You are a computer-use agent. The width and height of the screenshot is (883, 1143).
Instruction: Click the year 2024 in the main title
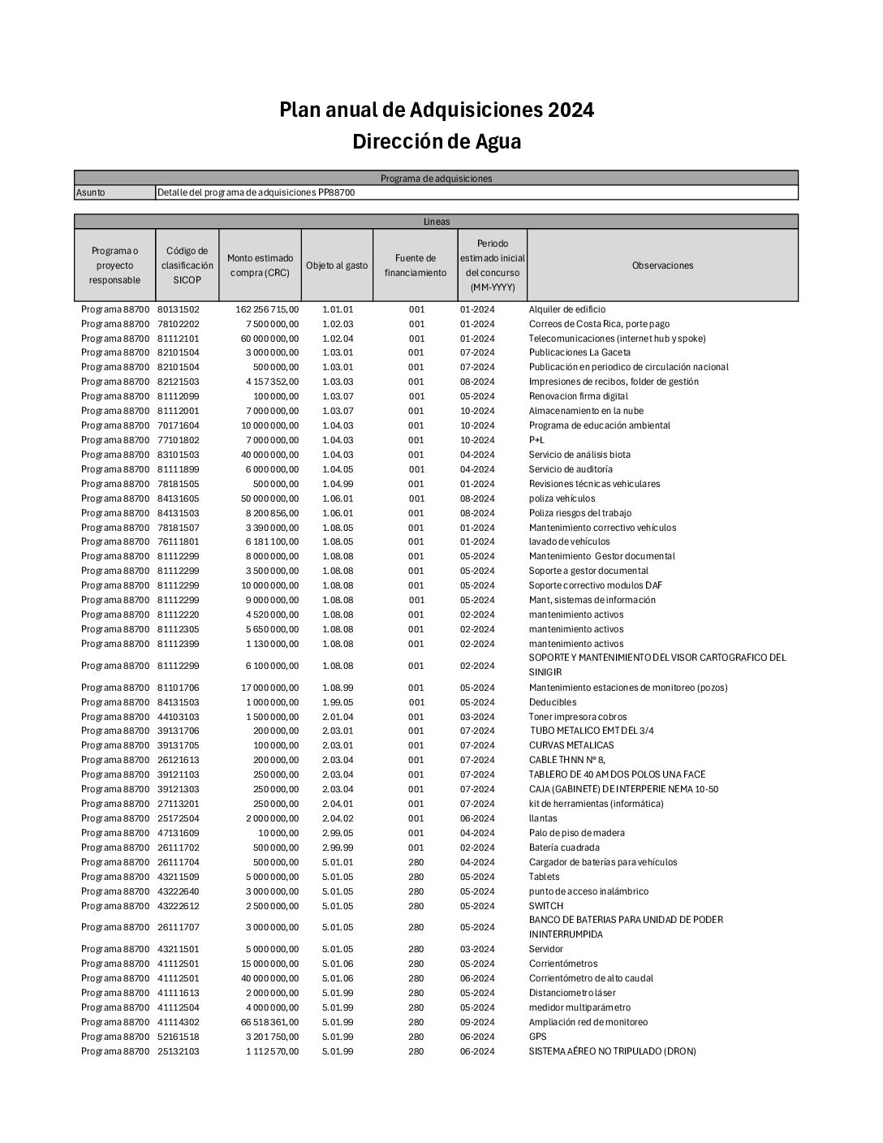click(x=571, y=110)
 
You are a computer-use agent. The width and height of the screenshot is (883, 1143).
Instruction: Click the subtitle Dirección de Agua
click(x=437, y=141)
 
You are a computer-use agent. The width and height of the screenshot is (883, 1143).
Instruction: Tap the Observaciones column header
click(x=662, y=265)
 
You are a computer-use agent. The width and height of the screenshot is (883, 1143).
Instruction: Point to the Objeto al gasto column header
click(x=337, y=265)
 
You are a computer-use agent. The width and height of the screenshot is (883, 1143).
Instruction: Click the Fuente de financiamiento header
click(x=416, y=265)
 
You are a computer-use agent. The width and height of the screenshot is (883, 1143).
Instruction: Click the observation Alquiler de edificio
click(x=566, y=309)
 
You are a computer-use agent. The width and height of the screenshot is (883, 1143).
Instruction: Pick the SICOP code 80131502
click(x=179, y=309)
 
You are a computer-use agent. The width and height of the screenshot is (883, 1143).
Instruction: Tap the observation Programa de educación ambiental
click(x=599, y=425)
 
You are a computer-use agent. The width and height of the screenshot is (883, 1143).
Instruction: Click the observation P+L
click(x=536, y=440)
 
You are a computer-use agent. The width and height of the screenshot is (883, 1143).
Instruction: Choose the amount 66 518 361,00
click(x=269, y=1022)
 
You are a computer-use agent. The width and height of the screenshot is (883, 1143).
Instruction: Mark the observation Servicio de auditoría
click(x=571, y=469)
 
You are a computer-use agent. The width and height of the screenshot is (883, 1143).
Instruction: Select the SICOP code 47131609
click(x=179, y=833)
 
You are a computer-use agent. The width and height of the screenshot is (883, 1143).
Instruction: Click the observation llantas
click(x=543, y=818)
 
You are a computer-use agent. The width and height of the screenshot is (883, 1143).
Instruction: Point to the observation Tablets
click(x=544, y=877)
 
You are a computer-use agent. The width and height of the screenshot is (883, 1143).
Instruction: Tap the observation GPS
click(x=537, y=1037)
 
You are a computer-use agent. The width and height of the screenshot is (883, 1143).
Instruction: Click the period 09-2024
click(x=476, y=1022)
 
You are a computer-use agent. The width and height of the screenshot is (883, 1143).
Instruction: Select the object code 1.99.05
click(x=338, y=702)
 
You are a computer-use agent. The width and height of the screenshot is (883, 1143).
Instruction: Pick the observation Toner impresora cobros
click(x=577, y=717)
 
